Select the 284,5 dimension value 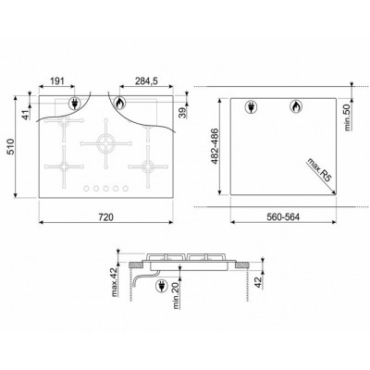pyautogui.click(x=147, y=82)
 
